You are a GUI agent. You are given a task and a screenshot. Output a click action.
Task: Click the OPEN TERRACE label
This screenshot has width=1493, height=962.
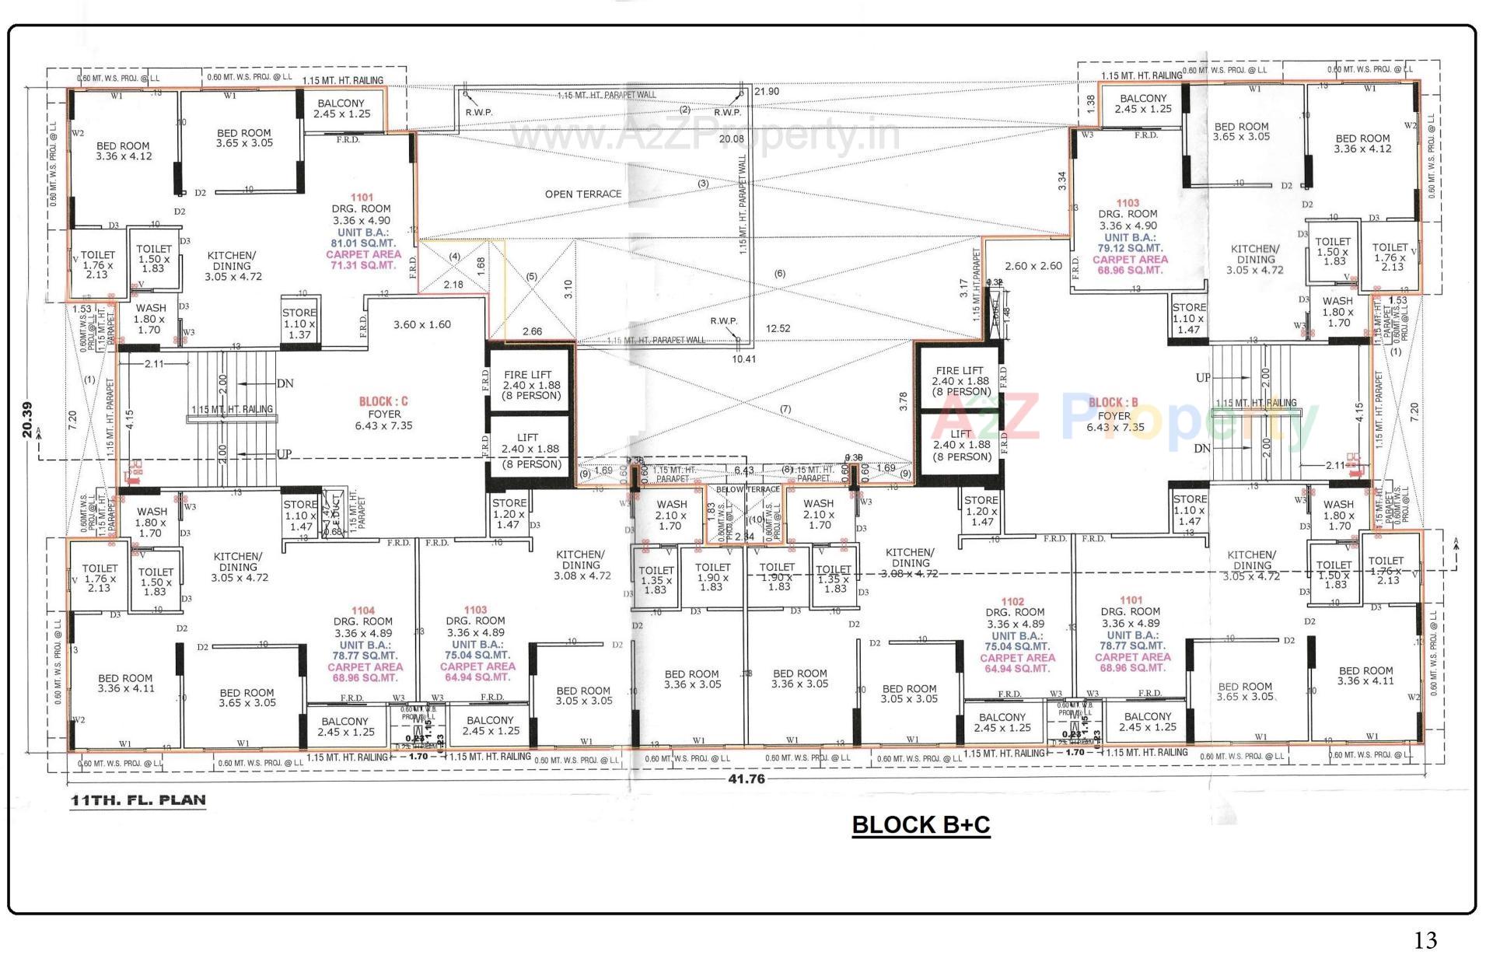tap(582, 194)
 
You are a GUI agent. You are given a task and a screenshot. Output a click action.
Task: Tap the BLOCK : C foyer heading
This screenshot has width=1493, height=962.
tap(383, 402)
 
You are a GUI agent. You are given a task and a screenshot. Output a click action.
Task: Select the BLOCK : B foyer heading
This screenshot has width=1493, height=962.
tap(1113, 403)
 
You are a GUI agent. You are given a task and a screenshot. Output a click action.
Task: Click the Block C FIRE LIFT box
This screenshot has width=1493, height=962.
tap(531, 385)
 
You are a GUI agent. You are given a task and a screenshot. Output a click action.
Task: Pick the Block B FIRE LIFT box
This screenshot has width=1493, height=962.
tap(960, 381)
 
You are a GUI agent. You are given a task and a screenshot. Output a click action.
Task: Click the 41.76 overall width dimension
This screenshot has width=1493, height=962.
tap(746, 778)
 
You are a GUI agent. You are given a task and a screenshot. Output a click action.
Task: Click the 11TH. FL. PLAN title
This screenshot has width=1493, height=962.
tap(138, 800)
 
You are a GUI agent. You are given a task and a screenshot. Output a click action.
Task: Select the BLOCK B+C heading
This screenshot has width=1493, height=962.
tap(921, 824)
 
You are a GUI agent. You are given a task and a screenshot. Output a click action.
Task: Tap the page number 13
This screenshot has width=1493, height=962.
tap(1425, 940)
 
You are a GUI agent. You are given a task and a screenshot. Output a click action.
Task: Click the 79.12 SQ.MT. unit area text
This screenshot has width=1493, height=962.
tap(1131, 249)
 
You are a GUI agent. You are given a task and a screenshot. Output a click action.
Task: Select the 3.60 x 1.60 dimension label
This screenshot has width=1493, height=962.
tap(421, 325)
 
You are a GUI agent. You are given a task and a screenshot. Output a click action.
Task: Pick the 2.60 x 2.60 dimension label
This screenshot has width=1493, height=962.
tap(1033, 266)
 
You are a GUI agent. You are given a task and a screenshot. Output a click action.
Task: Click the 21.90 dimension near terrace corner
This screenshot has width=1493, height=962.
tap(766, 92)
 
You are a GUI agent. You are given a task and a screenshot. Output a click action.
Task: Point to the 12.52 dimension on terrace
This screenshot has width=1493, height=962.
tap(778, 329)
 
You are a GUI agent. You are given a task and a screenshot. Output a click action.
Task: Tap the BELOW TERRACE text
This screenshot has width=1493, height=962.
tap(747, 490)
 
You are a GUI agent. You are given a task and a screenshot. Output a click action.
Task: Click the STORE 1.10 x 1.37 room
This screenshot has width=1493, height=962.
tap(299, 324)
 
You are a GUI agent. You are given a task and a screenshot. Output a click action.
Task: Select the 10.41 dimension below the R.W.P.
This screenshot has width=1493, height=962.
tap(743, 359)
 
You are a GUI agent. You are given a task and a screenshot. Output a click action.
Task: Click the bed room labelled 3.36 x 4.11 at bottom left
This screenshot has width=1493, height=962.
tap(125, 683)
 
